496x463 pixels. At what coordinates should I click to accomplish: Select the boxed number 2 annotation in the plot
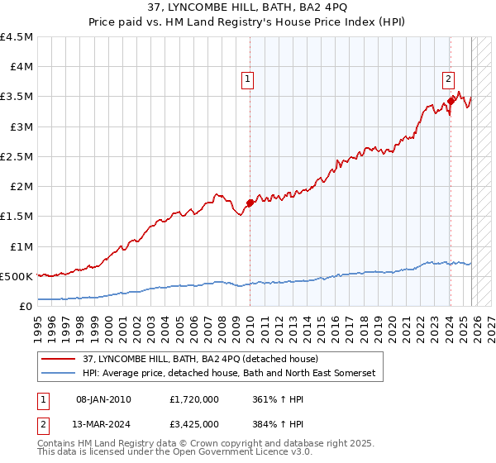[x=448, y=79]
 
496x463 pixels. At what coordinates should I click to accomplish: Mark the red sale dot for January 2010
[x=250, y=203]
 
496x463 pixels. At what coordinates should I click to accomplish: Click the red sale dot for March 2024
[x=451, y=101]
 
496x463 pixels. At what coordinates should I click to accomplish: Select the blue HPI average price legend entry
[x=228, y=374]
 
